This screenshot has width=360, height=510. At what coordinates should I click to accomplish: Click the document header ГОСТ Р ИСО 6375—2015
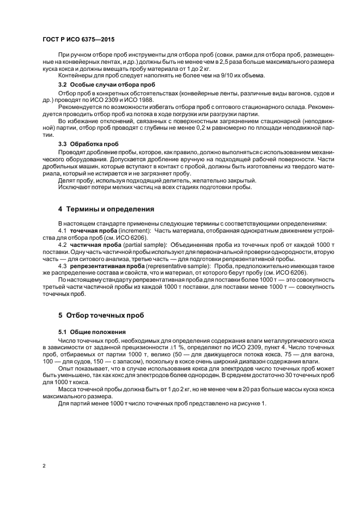(78, 40)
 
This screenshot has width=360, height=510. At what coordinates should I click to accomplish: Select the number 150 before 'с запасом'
(78, 360)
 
